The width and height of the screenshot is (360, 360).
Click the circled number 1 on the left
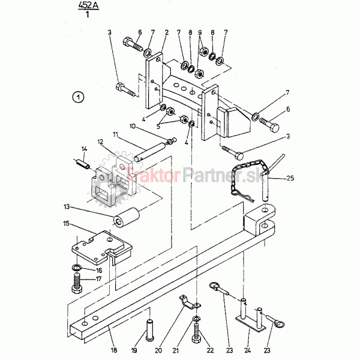coord(78,97)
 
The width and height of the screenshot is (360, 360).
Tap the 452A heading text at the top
coord(88,5)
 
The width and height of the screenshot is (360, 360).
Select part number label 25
coord(290,178)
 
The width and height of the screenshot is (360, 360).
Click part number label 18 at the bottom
coord(114,350)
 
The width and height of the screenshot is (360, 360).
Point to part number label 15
coord(66,223)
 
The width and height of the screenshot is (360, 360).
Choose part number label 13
coord(67,206)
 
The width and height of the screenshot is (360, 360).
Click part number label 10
coord(133,126)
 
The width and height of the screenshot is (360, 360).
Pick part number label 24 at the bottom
coord(247,350)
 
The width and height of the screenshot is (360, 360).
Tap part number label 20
coord(158,350)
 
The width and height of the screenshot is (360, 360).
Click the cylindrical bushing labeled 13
coord(126,218)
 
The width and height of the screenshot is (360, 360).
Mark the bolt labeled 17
coord(77,283)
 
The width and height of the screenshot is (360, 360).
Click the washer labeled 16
coord(76,267)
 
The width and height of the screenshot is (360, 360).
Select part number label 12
coord(100,142)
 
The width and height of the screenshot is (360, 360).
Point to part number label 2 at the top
coord(167,32)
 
